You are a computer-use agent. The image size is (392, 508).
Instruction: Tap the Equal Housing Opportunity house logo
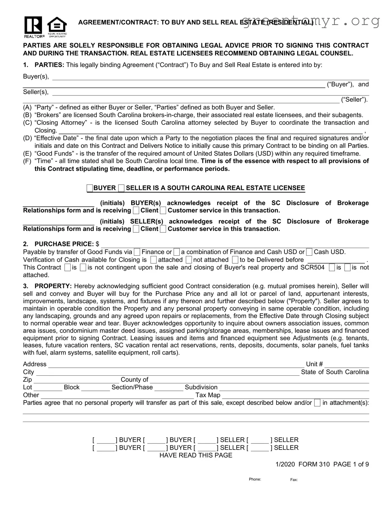tap(57, 26)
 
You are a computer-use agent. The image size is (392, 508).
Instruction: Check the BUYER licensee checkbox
tap(90, 188)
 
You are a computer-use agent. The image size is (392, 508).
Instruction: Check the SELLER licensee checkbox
tap(121, 188)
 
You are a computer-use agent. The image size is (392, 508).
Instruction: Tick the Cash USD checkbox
tap(309, 252)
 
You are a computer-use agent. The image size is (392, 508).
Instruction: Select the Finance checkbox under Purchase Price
tap(137, 252)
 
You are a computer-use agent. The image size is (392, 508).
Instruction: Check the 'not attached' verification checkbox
tap(189, 260)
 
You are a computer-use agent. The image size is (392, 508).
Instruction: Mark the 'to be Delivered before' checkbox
tap(235, 260)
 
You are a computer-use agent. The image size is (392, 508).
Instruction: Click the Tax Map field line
tap(295, 396)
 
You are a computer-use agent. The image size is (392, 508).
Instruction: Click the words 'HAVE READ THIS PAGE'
tap(196, 455)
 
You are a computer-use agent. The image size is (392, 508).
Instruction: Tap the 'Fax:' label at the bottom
tap(294, 480)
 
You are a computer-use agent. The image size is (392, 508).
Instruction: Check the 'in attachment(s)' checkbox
tap(317, 403)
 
